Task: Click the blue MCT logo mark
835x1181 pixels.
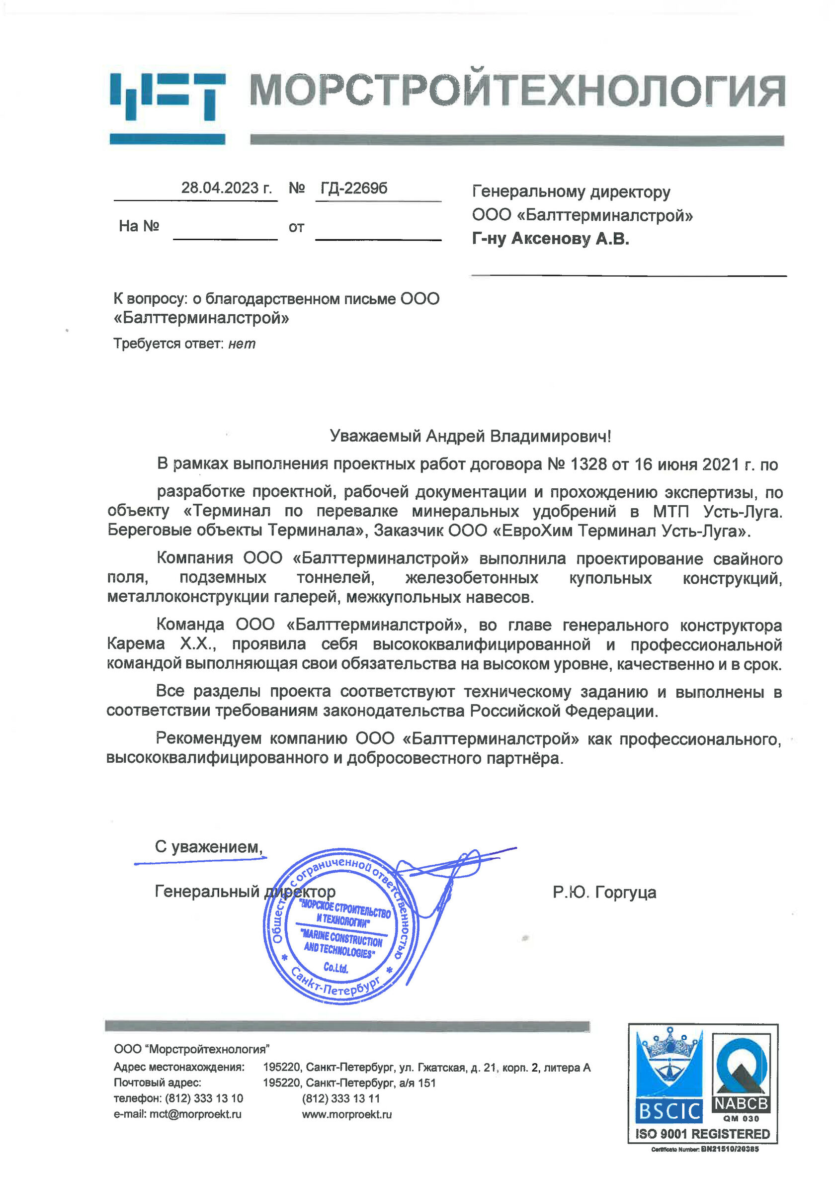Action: click(x=167, y=108)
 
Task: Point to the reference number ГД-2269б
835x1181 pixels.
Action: click(x=354, y=188)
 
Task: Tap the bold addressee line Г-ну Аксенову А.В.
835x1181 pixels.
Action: click(x=551, y=239)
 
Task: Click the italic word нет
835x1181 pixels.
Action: click(x=242, y=344)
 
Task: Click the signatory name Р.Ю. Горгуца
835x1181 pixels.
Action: click(x=604, y=892)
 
